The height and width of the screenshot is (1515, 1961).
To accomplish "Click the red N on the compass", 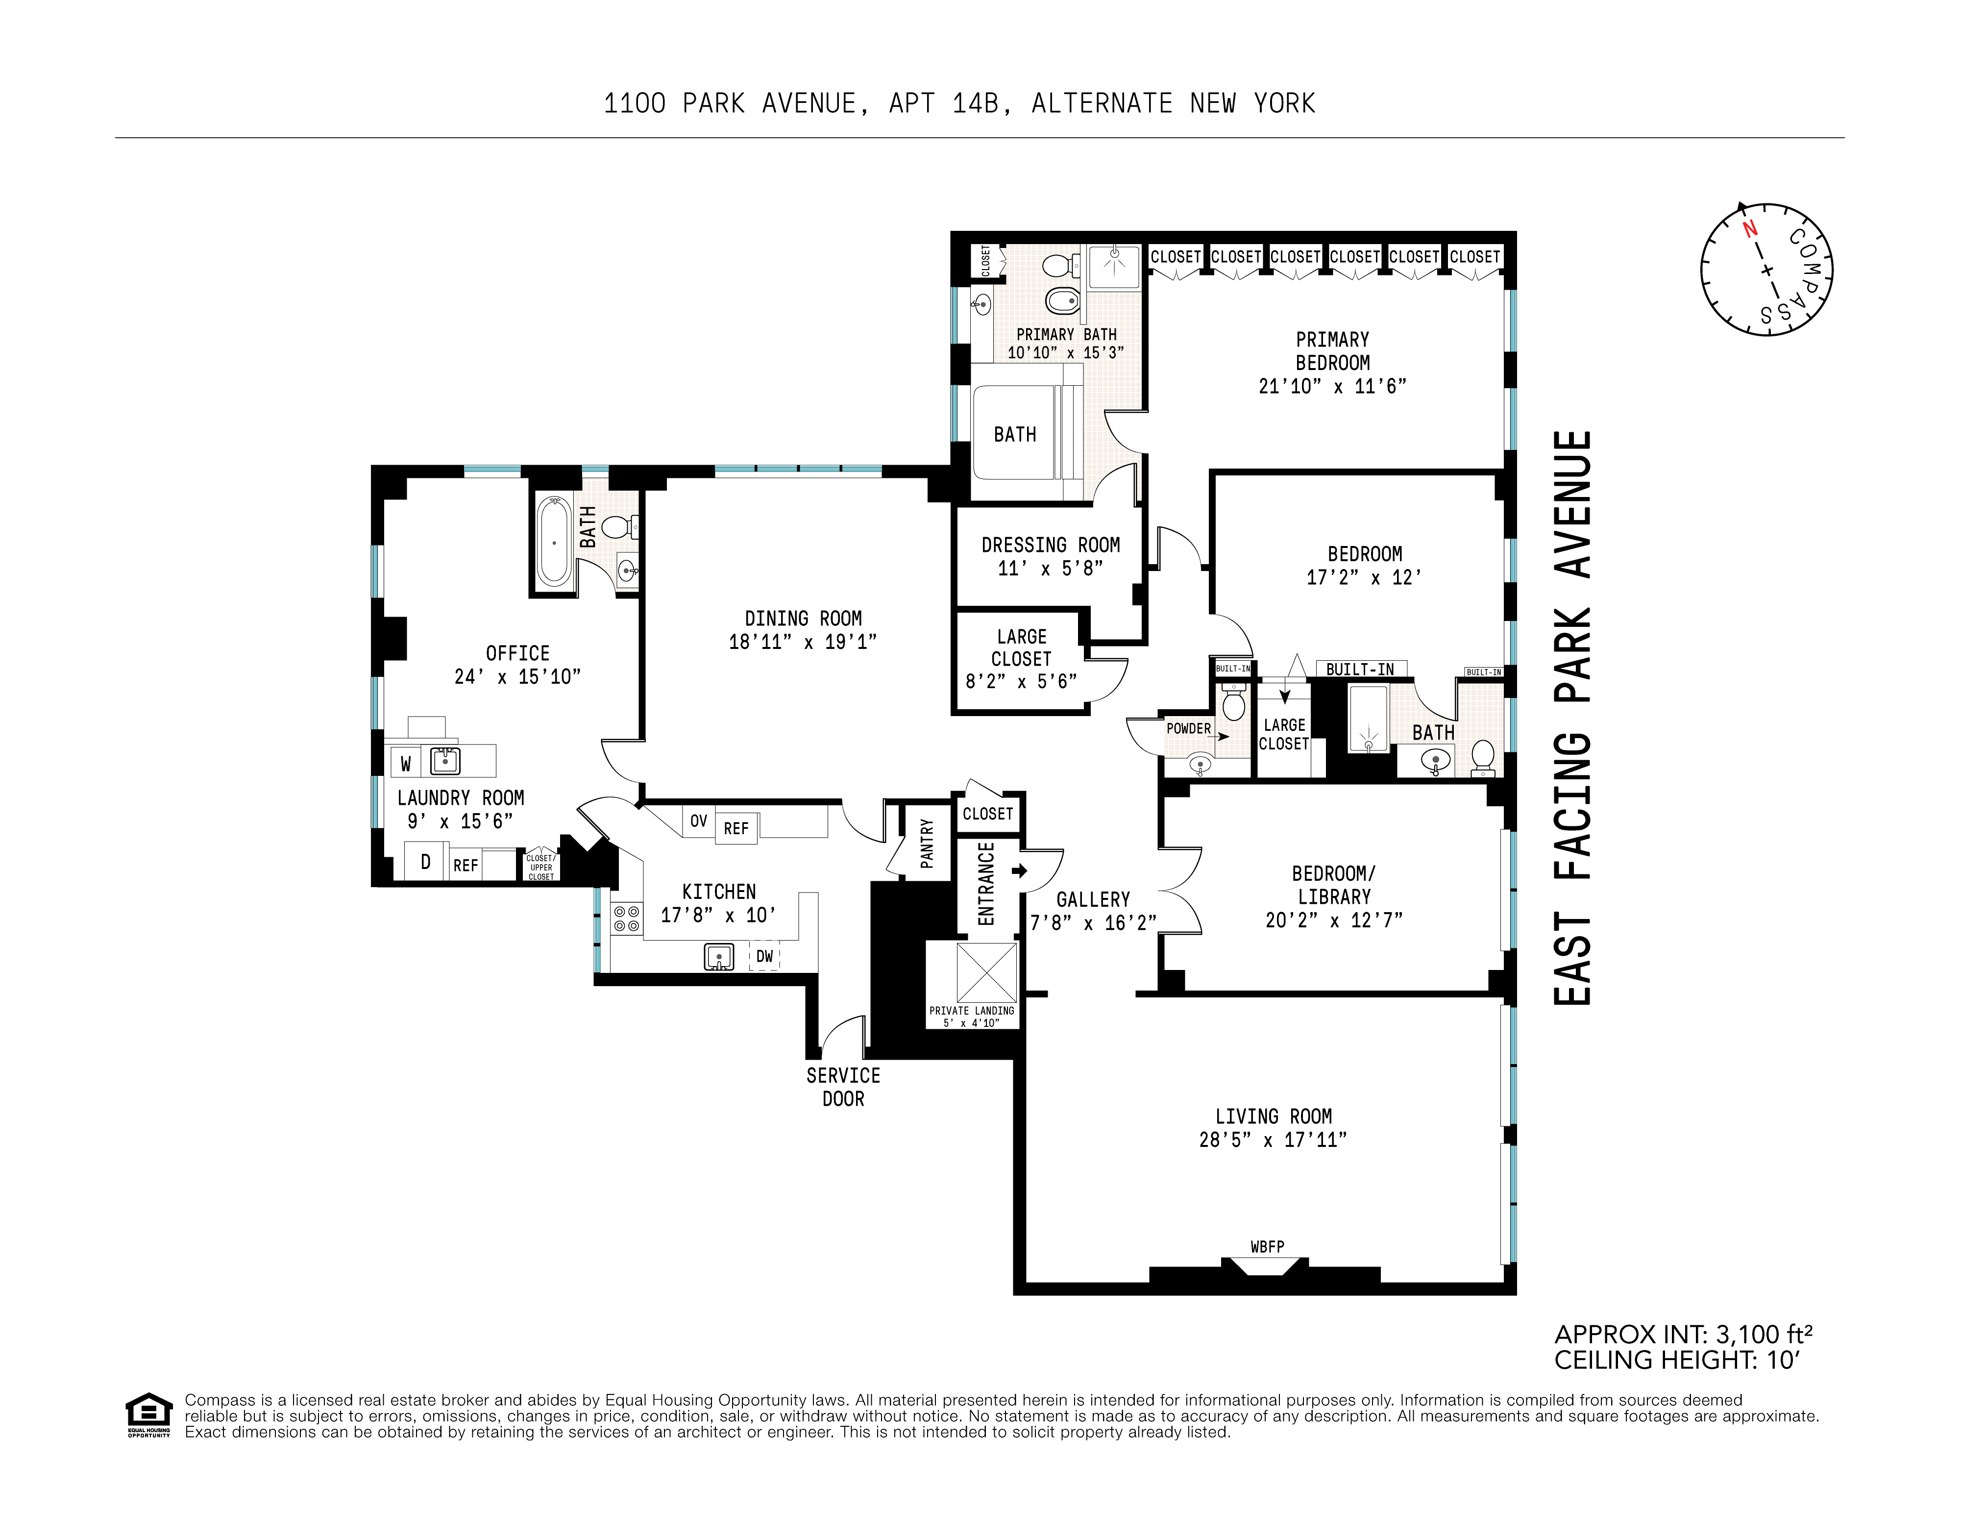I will point(1749,229).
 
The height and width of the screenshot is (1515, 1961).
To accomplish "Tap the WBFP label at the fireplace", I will point(1267,1246).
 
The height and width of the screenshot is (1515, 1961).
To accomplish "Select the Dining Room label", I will point(803,619).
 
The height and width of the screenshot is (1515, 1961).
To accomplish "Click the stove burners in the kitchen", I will point(627,919).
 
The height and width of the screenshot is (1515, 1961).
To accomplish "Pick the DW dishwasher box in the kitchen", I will point(764,956).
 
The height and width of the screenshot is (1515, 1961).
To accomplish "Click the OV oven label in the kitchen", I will point(699,821).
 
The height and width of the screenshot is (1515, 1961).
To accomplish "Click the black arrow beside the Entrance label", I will point(1019,870).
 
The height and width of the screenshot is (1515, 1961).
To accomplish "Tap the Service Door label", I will point(843,1087).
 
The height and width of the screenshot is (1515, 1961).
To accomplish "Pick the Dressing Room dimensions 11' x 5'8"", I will point(1050,569).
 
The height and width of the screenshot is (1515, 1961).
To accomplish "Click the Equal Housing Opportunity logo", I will point(148,1415).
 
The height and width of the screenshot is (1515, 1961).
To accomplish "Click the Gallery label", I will point(1093,900).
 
